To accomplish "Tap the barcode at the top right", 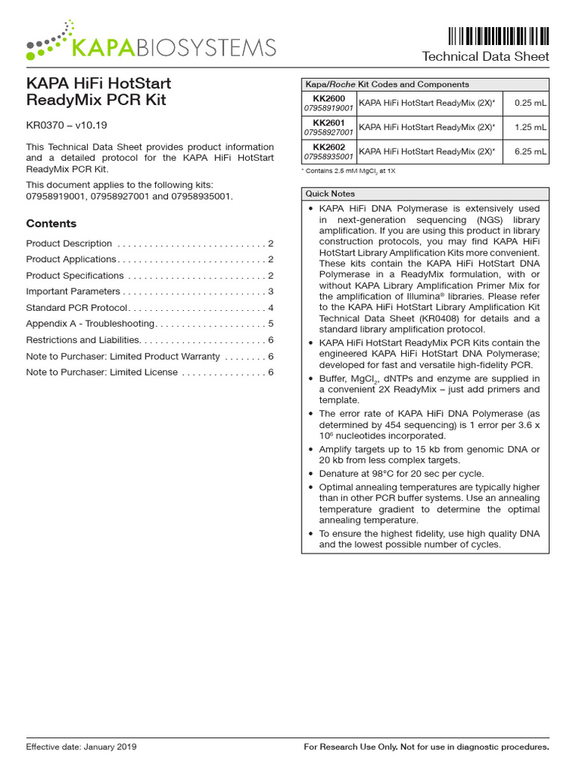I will (x=498, y=35).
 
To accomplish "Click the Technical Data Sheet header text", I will (x=485, y=57).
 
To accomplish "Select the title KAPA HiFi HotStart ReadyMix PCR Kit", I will (x=98, y=92).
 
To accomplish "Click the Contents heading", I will (x=51, y=223).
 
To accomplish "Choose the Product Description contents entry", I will (x=69, y=243).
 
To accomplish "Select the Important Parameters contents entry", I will (x=73, y=291).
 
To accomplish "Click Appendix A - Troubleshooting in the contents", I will (x=90, y=324).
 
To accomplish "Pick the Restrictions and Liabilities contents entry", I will (x=82, y=340).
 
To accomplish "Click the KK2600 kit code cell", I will (x=328, y=103).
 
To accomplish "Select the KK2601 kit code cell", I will (x=328, y=127).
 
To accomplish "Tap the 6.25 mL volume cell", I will (x=529, y=152).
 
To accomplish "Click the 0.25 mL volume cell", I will (x=529, y=104).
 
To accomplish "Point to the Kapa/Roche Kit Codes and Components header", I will (x=386, y=84).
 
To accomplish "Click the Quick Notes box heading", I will (x=330, y=193).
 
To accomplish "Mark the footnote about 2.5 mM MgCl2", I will (x=349, y=171).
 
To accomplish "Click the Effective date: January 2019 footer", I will (x=81, y=747).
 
